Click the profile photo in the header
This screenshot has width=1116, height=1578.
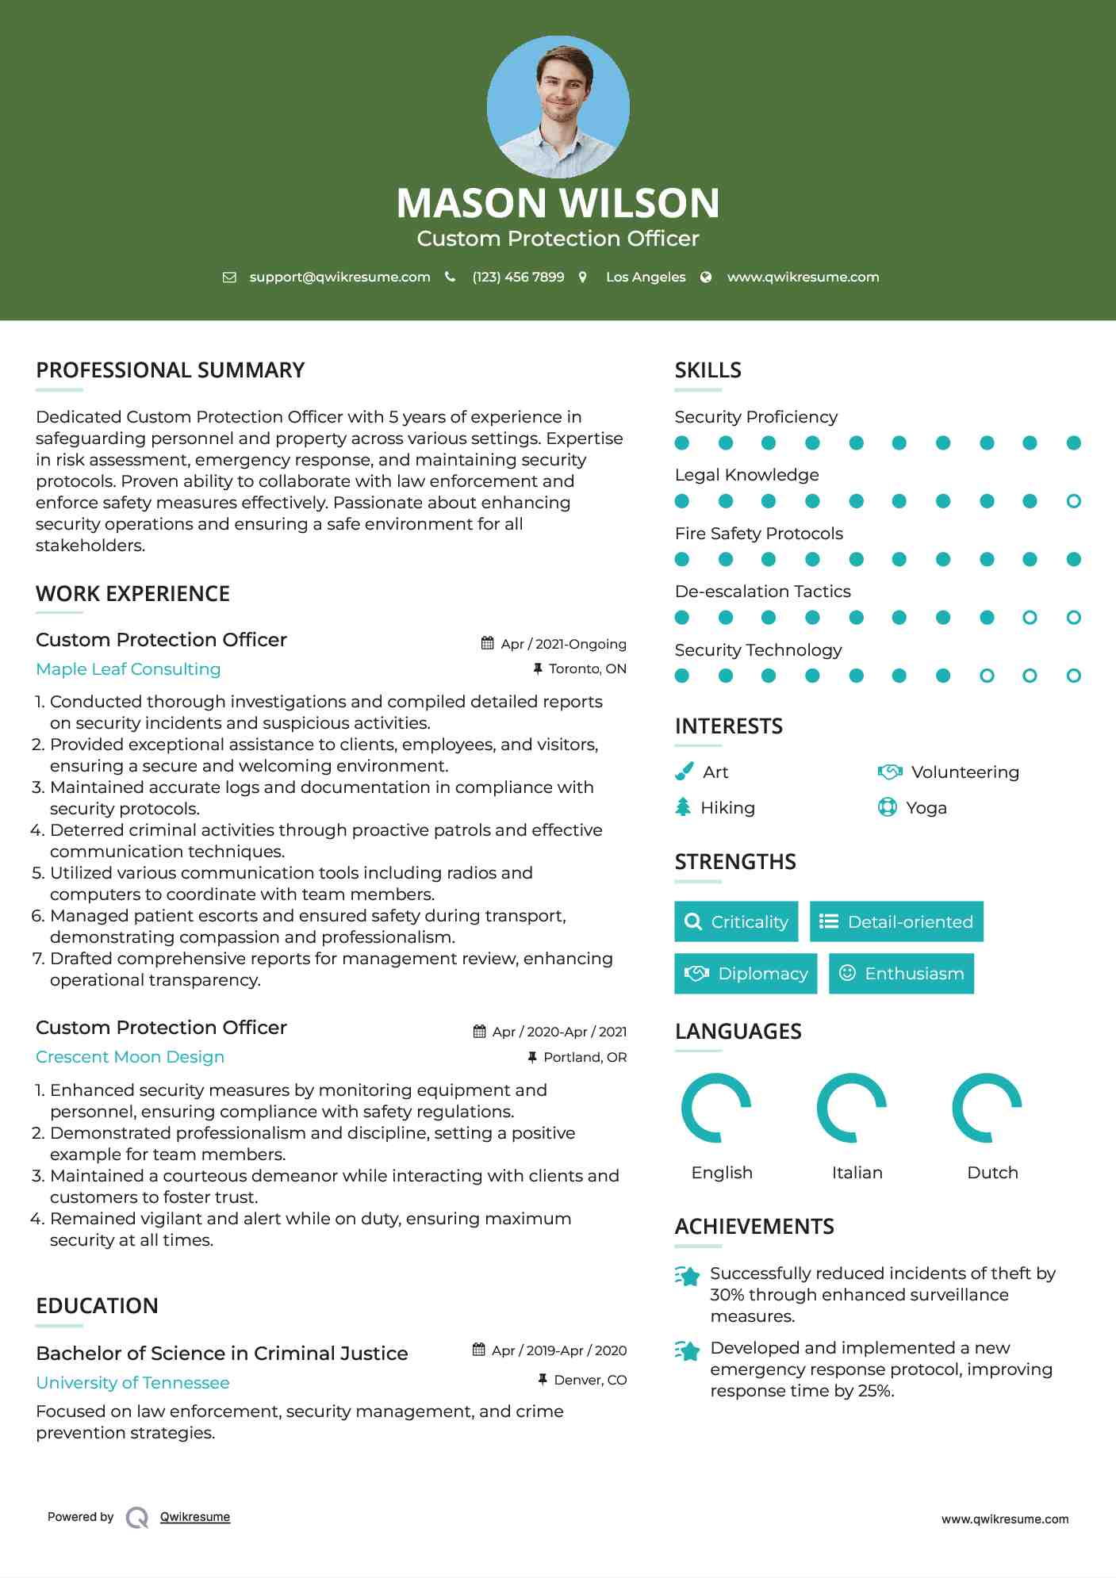(558, 106)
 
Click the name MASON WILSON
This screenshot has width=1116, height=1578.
(558, 203)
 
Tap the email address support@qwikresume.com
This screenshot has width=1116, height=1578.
(339, 277)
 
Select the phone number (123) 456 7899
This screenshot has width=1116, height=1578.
(518, 277)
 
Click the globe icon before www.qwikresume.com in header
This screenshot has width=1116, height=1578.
(706, 277)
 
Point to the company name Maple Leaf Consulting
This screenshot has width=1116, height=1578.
(128, 669)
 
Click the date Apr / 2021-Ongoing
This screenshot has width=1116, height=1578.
(563, 644)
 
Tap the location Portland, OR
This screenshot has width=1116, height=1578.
(585, 1057)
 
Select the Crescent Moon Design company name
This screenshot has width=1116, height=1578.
(130, 1057)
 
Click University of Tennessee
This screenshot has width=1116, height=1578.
(132, 1383)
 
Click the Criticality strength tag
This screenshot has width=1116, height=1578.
(736, 921)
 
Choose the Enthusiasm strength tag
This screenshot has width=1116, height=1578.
(901, 974)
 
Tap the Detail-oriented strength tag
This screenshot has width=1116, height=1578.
(896, 921)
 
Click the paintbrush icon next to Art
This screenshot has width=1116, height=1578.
(684, 772)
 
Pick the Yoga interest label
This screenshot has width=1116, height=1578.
(926, 808)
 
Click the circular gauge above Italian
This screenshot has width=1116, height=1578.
(852, 1108)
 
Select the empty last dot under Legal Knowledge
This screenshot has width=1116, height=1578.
(1073, 501)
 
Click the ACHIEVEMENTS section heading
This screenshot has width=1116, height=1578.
(754, 1227)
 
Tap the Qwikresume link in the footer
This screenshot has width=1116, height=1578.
(195, 1517)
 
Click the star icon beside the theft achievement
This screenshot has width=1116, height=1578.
(688, 1276)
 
